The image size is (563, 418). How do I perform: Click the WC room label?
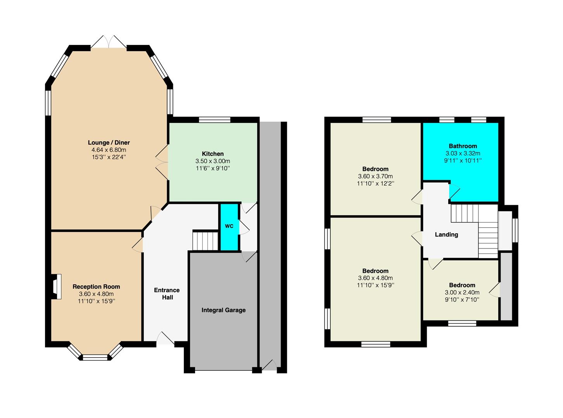(x=229, y=226)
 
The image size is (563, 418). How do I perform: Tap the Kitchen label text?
(x=213, y=154)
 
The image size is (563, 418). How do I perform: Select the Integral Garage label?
(x=223, y=310)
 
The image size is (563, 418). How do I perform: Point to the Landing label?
(x=447, y=235)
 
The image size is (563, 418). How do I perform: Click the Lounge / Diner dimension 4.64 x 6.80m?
(x=109, y=150)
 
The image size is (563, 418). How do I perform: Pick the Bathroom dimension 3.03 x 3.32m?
(x=463, y=153)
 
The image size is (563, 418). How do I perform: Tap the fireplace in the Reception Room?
(x=56, y=286)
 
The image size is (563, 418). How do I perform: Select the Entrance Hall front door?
(x=165, y=338)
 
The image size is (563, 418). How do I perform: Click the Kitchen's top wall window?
(x=214, y=120)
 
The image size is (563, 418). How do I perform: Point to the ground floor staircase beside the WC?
(x=205, y=241)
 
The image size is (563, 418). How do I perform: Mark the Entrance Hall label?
(x=167, y=293)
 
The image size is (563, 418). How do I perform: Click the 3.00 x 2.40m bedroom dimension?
(x=462, y=292)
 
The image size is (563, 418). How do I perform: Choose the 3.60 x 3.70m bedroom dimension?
(x=375, y=176)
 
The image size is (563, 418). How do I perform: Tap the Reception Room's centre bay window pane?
(x=95, y=357)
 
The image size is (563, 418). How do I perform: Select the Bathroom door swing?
(x=454, y=191)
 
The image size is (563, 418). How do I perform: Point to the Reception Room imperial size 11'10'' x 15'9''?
(x=96, y=301)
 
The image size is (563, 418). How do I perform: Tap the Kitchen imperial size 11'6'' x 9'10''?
(x=213, y=168)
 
